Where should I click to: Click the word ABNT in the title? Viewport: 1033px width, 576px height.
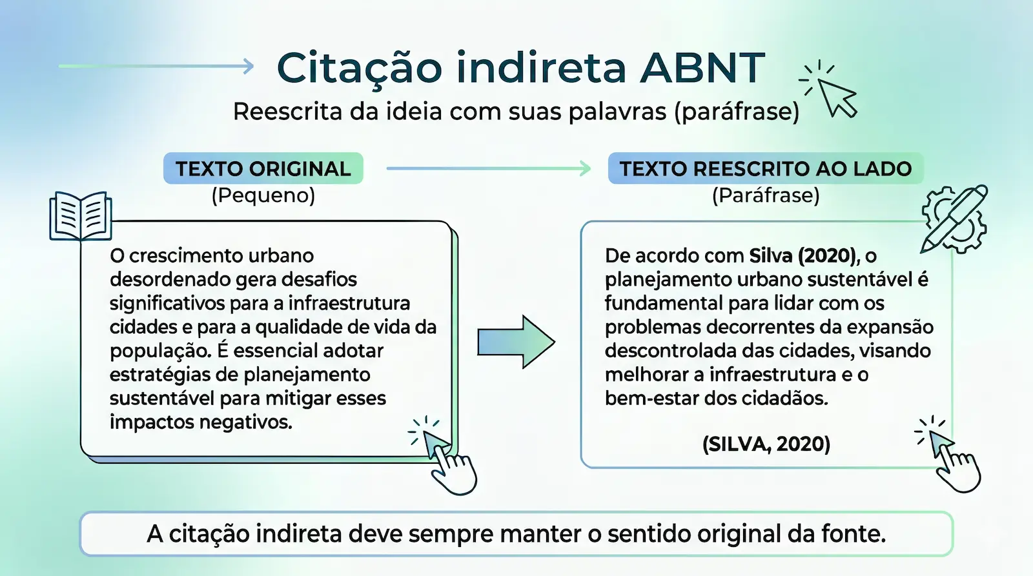[x=702, y=68]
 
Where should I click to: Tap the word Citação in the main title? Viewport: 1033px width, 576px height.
[x=360, y=68]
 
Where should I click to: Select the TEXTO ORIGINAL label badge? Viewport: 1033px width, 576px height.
[x=263, y=168]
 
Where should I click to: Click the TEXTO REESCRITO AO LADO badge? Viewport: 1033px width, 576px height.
[x=766, y=168]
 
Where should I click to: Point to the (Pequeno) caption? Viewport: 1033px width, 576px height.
[x=263, y=195]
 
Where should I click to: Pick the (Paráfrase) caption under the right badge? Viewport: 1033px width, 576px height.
[x=766, y=195]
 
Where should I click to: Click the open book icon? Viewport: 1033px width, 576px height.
[x=81, y=215]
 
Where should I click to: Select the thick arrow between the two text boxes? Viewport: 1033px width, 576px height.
[x=515, y=342]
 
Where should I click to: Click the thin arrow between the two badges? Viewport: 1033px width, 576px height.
[x=488, y=168]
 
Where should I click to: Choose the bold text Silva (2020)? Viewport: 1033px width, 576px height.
[x=803, y=255]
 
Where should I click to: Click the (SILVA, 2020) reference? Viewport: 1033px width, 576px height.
[x=766, y=444]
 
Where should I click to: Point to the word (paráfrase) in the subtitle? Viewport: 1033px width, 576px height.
[x=737, y=112]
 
